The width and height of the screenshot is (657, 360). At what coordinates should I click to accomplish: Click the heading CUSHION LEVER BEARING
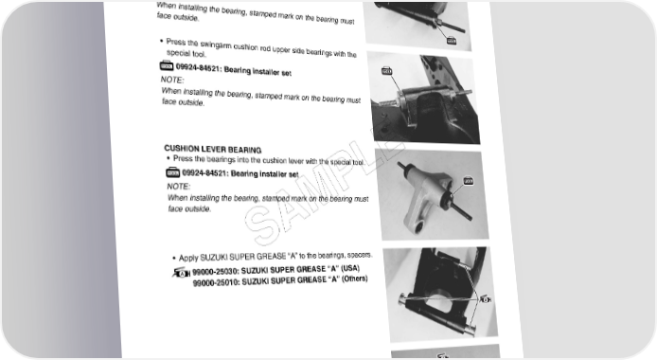(213, 149)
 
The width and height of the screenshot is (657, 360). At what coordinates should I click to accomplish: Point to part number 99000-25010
(216, 283)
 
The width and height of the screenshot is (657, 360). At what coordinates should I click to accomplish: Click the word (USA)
(350, 268)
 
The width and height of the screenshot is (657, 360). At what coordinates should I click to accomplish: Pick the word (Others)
(355, 279)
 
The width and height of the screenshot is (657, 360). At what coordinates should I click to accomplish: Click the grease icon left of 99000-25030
(181, 273)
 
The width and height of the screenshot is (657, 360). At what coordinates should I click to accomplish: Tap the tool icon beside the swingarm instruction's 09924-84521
(167, 65)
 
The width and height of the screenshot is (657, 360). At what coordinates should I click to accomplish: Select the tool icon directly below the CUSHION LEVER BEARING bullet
(172, 172)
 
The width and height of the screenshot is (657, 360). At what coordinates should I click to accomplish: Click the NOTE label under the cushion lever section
(179, 186)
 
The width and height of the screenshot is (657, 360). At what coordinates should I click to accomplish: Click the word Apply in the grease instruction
(188, 258)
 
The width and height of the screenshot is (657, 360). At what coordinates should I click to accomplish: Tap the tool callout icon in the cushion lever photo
(469, 181)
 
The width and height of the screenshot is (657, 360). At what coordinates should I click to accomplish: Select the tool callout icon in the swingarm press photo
(387, 71)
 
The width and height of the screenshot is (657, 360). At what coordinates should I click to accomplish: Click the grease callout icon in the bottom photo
(486, 299)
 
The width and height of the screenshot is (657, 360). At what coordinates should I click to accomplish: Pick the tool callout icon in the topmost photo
(452, 41)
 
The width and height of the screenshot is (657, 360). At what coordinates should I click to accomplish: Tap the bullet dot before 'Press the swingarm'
(161, 41)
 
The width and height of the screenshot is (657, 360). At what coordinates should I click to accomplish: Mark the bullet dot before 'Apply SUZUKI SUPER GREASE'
(174, 258)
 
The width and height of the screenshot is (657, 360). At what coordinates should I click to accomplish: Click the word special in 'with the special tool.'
(341, 162)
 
